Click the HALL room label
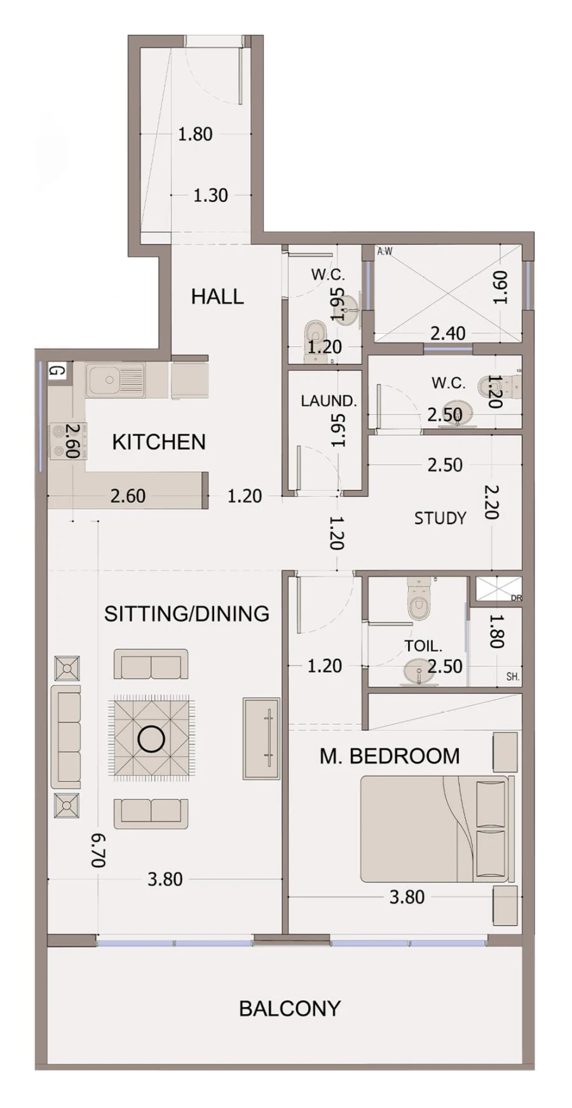point(217,297)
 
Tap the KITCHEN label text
point(159,442)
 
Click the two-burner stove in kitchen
point(60,442)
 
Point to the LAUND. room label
point(329,402)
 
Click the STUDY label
point(440,518)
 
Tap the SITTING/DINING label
point(187,614)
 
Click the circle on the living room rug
point(151,739)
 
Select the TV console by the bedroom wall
point(261,739)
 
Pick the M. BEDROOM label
point(390,756)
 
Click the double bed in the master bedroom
point(435,829)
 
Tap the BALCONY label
point(290,1008)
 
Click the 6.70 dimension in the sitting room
point(98,850)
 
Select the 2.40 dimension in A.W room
point(448,333)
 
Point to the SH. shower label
point(512,677)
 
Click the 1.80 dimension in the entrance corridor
point(195,134)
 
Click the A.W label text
point(385,252)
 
